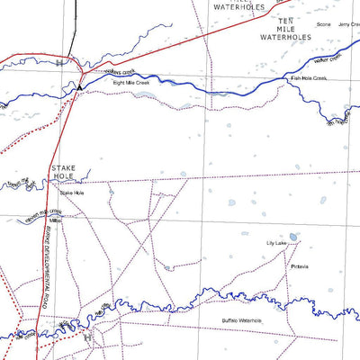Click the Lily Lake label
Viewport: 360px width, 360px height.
(x=275, y=243)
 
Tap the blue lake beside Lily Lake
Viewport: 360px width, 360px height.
(x=293, y=238)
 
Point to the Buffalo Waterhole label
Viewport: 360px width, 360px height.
(x=241, y=320)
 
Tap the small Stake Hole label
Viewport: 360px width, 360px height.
(x=71, y=193)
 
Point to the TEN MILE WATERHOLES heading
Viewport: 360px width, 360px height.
(x=285, y=30)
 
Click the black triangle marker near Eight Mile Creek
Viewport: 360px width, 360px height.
(x=80, y=87)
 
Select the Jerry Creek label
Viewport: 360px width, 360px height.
(x=349, y=24)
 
